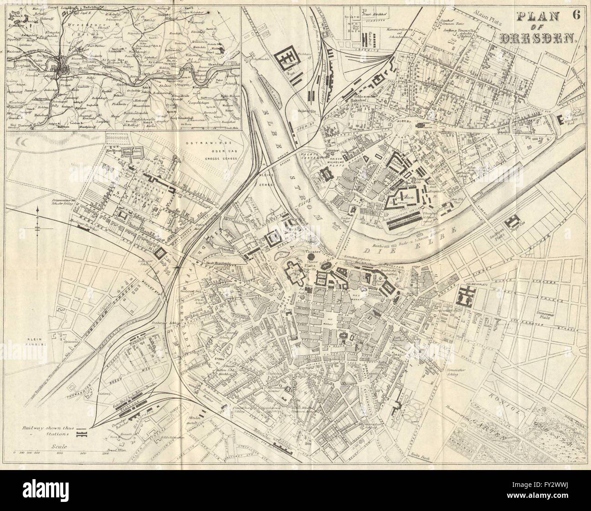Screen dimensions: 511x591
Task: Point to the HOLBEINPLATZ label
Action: (476, 284)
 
